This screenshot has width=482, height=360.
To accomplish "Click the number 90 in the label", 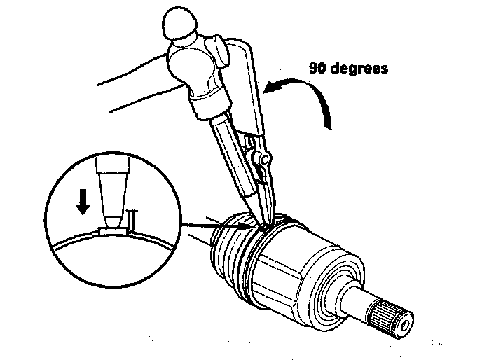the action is pyautogui.click(x=319, y=69).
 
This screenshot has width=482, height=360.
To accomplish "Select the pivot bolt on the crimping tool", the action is pyautogui.click(x=263, y=162).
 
